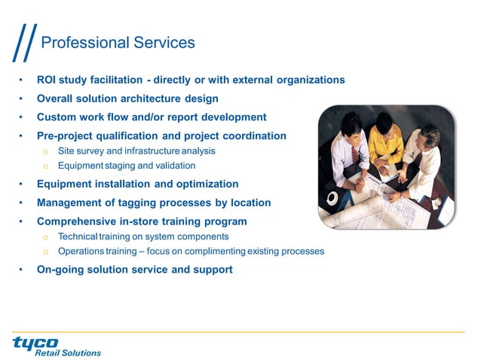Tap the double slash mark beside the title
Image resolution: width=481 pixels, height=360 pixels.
(x=24, y=44)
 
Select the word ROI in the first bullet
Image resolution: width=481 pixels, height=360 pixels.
(x=48, y=80)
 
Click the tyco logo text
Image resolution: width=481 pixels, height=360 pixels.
(x=35, y=343)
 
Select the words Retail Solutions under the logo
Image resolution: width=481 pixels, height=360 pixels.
(x=68, y=352)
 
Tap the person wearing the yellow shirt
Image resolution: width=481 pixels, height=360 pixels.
(x=385, y=139)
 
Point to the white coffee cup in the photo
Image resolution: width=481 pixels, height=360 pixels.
(x=332, y=198)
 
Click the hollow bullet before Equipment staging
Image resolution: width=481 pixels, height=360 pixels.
(x=45, y=166)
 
